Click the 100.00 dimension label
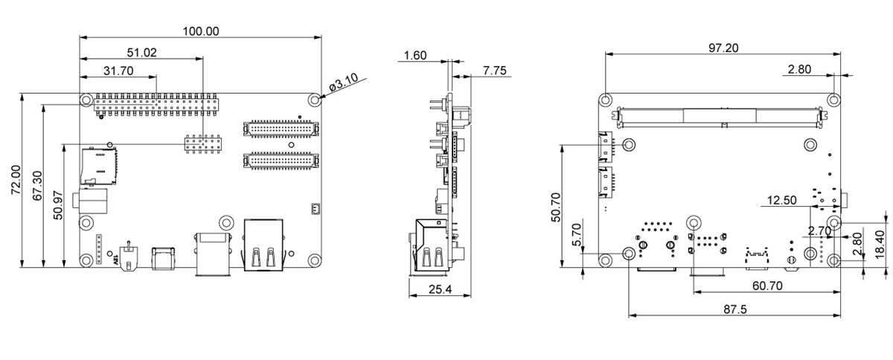point(201,31)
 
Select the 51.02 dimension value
point(142,52)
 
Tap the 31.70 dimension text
point(118,71)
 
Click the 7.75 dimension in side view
point(494,71)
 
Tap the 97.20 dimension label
point(723,48)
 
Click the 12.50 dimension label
point(781,200)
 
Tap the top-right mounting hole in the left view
point(316,100)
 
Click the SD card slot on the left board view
point(98,164)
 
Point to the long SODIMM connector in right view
point(719,115)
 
